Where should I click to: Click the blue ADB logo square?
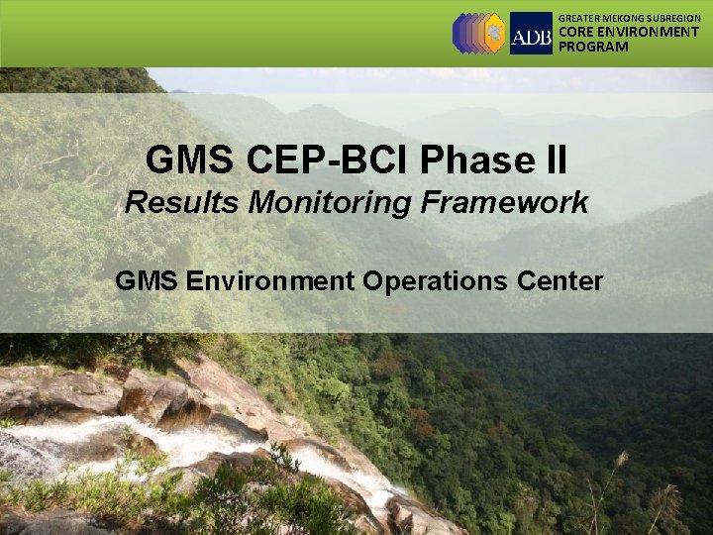531,33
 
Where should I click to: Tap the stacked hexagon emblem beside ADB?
478,33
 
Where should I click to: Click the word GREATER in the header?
580,18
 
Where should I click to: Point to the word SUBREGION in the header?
674,18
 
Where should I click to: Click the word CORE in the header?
576,32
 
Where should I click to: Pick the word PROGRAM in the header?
593,47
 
